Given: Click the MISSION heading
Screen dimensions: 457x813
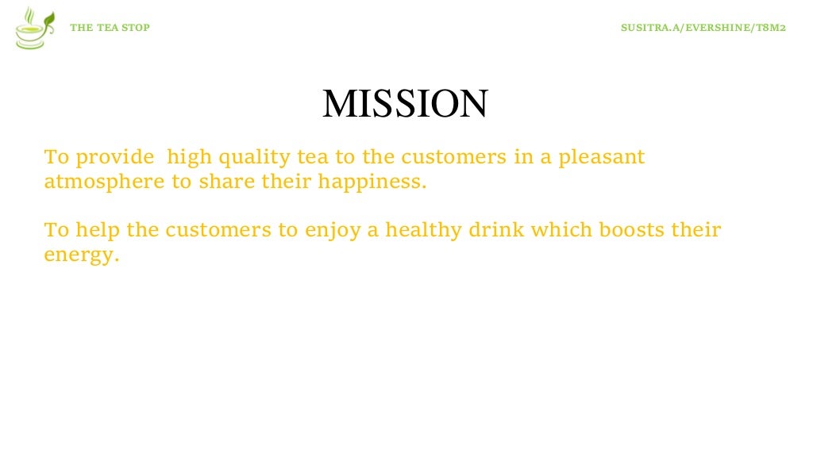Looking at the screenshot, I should coord(405,104).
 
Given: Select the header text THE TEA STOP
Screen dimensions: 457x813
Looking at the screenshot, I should coord(110,28).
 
